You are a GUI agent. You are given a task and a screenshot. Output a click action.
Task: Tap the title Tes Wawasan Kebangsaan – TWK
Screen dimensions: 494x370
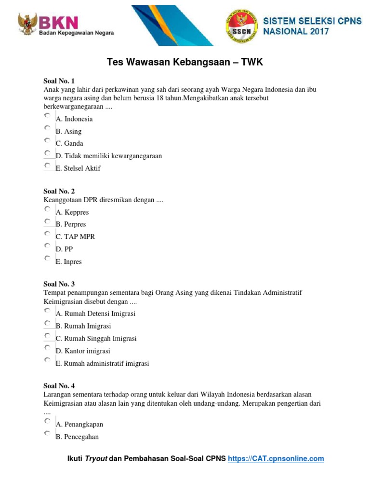tap(185, 63)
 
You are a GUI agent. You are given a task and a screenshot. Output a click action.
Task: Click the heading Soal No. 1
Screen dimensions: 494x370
tap(59, 81)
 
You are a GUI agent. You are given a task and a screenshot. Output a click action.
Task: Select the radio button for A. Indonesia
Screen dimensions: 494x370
tap(47, 116)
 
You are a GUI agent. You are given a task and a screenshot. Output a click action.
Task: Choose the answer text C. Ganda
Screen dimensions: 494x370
tap(69, 143)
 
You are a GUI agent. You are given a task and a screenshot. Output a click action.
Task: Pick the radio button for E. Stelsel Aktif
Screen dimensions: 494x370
tap(47, 165)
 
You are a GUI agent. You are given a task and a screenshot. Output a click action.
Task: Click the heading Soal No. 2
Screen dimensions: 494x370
tap(59, 191)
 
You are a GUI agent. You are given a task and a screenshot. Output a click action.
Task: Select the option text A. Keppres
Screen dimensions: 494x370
tap(72, 212)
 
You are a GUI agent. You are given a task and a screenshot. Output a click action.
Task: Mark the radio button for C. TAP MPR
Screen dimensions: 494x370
tap(47, 233)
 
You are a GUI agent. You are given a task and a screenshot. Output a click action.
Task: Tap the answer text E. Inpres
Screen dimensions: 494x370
tap(69, 261)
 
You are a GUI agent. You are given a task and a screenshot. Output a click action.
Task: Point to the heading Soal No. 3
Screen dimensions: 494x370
tap(59, 284)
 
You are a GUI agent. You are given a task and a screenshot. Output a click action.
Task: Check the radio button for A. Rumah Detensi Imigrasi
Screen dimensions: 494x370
tap(47, 311)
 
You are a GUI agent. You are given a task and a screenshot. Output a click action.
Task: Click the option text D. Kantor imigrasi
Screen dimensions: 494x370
tap(83, 351)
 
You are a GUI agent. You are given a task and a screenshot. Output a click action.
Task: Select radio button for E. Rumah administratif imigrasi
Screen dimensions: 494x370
tap(47, 360)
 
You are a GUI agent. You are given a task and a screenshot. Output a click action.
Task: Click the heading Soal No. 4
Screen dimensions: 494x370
tap(59, 386)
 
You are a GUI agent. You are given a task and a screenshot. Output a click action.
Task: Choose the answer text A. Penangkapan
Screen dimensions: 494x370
tap(79, 425)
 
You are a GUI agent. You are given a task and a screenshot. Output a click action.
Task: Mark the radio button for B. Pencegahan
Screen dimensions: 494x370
tap(47, 434)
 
